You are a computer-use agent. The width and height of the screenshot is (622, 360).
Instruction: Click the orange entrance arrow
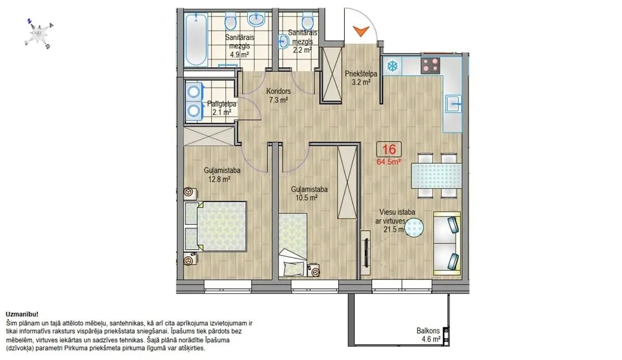[x=360, y=31]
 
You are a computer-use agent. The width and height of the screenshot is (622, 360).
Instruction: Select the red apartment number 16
[x=389, y=149]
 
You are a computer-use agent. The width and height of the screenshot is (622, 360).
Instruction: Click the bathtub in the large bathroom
[x=196, y=39]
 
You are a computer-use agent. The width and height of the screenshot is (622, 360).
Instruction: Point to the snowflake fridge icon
[x=392, y=66]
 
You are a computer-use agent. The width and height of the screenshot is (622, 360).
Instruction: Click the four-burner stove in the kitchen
[x=430, y=66]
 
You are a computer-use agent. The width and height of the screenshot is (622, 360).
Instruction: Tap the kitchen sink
[x=453, y=105]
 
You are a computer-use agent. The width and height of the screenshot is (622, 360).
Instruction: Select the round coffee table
[x=415, y=228]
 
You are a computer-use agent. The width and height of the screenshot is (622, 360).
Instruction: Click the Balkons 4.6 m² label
[x=429, y=335]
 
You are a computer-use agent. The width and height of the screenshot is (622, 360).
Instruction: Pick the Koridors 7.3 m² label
[x=278, y=96]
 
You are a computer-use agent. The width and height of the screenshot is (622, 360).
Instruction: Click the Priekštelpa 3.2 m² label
[x=360, y=78]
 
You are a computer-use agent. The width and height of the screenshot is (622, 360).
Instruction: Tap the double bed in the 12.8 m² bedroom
[x=216, y=226]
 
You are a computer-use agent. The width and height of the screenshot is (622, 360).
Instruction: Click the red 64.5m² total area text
[x=389, y=161]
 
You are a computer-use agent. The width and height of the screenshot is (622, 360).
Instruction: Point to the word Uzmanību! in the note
[x=22, y=315]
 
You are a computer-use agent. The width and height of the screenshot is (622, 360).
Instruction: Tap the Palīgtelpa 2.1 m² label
[x=222, y=108]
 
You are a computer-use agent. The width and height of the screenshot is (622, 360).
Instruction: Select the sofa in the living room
[x=447, y=243]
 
